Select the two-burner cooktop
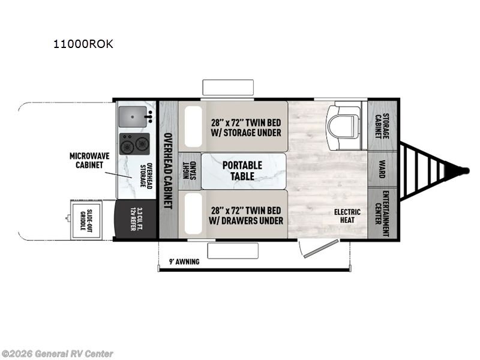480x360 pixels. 134,144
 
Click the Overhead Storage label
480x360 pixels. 146,175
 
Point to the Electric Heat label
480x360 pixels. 347,216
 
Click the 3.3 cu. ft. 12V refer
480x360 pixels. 136,220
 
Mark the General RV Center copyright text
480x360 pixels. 58,354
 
